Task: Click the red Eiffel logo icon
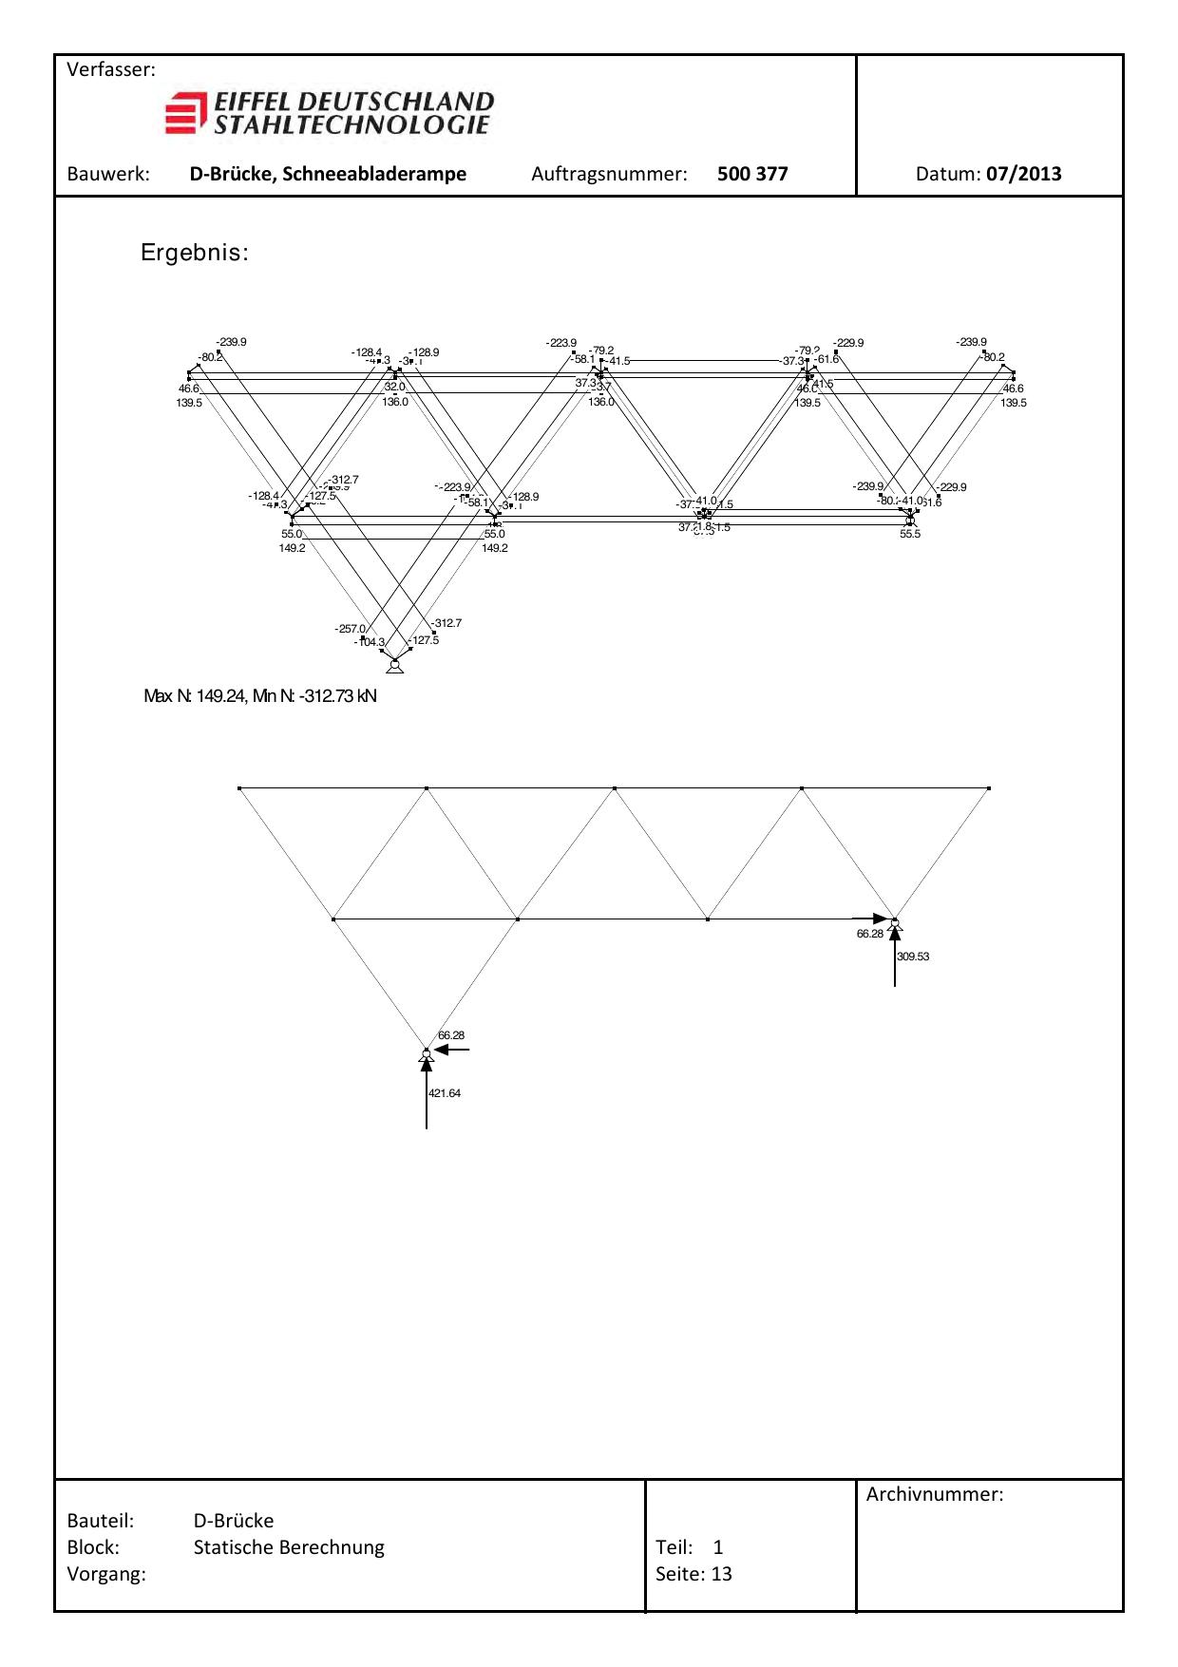coord(185,113)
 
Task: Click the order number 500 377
coord(752,174)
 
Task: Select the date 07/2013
coord(1023,174)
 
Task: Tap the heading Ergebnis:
coord(195,254)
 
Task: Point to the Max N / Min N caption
coord(260,696)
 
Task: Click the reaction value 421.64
coord(445,1093)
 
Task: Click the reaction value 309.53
coord(913,957)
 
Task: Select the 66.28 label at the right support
coord(869,934)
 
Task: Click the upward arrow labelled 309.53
coord(895,955)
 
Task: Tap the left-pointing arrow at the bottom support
coord(452,1050)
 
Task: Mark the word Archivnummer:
coord(935,1494)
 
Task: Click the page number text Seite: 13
coord(693,1574)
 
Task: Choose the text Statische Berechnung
coord(289,1547)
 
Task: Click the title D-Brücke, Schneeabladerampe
coord(328,174)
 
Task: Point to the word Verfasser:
coord(111,70)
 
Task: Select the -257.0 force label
coord(350,629)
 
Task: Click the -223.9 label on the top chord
coord(560,343)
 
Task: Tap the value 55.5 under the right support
coord(910,534)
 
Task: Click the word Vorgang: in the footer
coord(106,1574)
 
